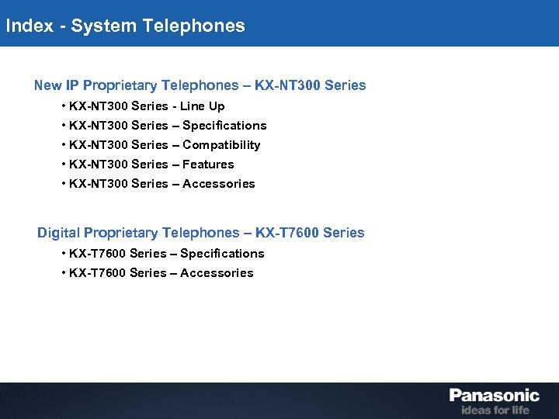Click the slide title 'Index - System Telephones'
[125, 26]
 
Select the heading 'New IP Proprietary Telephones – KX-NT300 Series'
[200, 85]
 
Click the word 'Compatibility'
[221, 145]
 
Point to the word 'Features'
[208, 164]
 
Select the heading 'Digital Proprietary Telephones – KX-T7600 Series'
[200, 233]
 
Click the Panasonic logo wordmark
[494, 396]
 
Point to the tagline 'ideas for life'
[495, 410]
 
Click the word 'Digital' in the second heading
[58, 233]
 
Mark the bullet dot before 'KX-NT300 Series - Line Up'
[62, 106]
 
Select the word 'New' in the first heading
[47, 85]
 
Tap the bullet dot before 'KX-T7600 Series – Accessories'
[62, 273]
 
